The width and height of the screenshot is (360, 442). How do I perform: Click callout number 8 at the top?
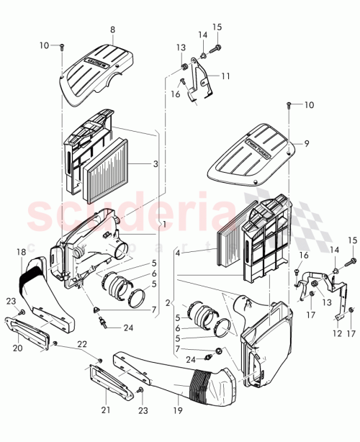(112, 30)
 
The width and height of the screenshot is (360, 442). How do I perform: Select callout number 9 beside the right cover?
(306, 144)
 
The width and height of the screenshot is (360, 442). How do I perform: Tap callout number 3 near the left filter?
(156, 164)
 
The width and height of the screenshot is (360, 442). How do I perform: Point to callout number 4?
(176, 251)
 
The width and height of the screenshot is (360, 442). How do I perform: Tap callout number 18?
(21, 251)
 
